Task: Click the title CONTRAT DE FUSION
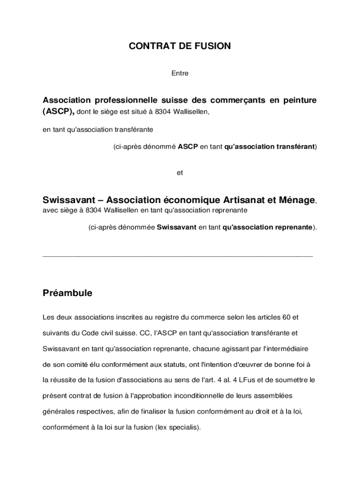click(180, 46)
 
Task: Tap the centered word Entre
click(180, 73)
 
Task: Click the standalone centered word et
click(180, 173)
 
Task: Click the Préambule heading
click(67, 293)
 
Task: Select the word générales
click(58, 411)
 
